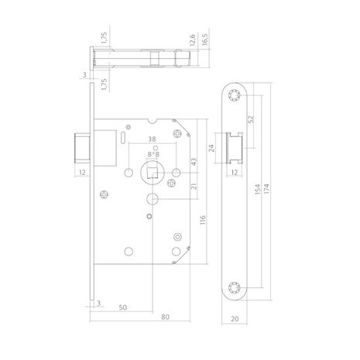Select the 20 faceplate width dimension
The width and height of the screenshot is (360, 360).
(233, 317)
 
